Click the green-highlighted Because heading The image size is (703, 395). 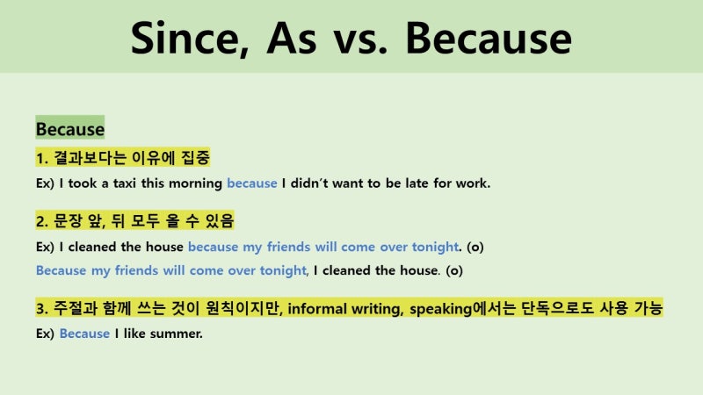(x=70, y=129)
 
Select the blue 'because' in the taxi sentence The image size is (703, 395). (x=251, y=184)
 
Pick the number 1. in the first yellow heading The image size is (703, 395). (x=42, y=158)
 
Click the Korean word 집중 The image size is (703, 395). (x=196, y=158)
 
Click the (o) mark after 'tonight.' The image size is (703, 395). (x=475, y=247)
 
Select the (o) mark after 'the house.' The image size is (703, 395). (x=454, y=270)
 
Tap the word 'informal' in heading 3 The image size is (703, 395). (x=321, y=308)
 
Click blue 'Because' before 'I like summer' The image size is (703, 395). (x=84, y=334)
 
